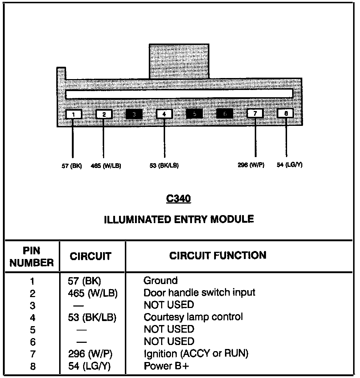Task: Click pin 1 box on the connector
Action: coord(74,114)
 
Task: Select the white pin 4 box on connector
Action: coord(164,114)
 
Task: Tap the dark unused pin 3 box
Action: coord(134,114)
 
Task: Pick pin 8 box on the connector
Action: coord(286,113)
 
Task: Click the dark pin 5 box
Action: coord(195,114)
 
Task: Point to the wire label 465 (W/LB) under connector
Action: coord(106,166)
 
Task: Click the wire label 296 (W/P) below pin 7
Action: coord(251,165)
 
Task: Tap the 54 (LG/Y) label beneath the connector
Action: coord(289,165)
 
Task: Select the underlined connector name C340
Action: coord(178,199)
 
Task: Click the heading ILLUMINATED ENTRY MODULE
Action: coord(179,219)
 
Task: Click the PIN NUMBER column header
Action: coord(32,257)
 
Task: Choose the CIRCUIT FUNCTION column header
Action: coord(218,255)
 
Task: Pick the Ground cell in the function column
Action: coord(161,280)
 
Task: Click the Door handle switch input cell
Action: coord(199,292)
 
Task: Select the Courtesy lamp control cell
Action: coord(193,317)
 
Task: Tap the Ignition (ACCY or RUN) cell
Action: coord(196,353)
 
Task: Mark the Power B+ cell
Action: coord(166,366)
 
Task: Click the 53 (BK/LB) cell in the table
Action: coord(92,317)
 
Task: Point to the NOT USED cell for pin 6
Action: coord(169,341)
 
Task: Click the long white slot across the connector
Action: coord(179,94)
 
